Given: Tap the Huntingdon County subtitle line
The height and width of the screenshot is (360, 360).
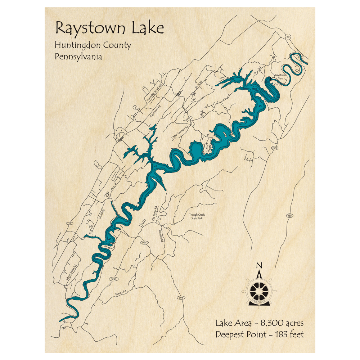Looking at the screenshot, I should coord(93,46).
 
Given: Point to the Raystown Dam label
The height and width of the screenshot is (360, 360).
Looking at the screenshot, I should coord(280,77).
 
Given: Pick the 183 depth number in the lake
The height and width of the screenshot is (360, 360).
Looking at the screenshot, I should coord(255,89).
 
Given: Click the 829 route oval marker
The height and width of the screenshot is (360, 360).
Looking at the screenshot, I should coord(275,148).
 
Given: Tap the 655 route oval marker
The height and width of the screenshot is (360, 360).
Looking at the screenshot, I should coord(289,215).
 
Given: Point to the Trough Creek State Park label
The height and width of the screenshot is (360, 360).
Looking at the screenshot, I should coord(197,217).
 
